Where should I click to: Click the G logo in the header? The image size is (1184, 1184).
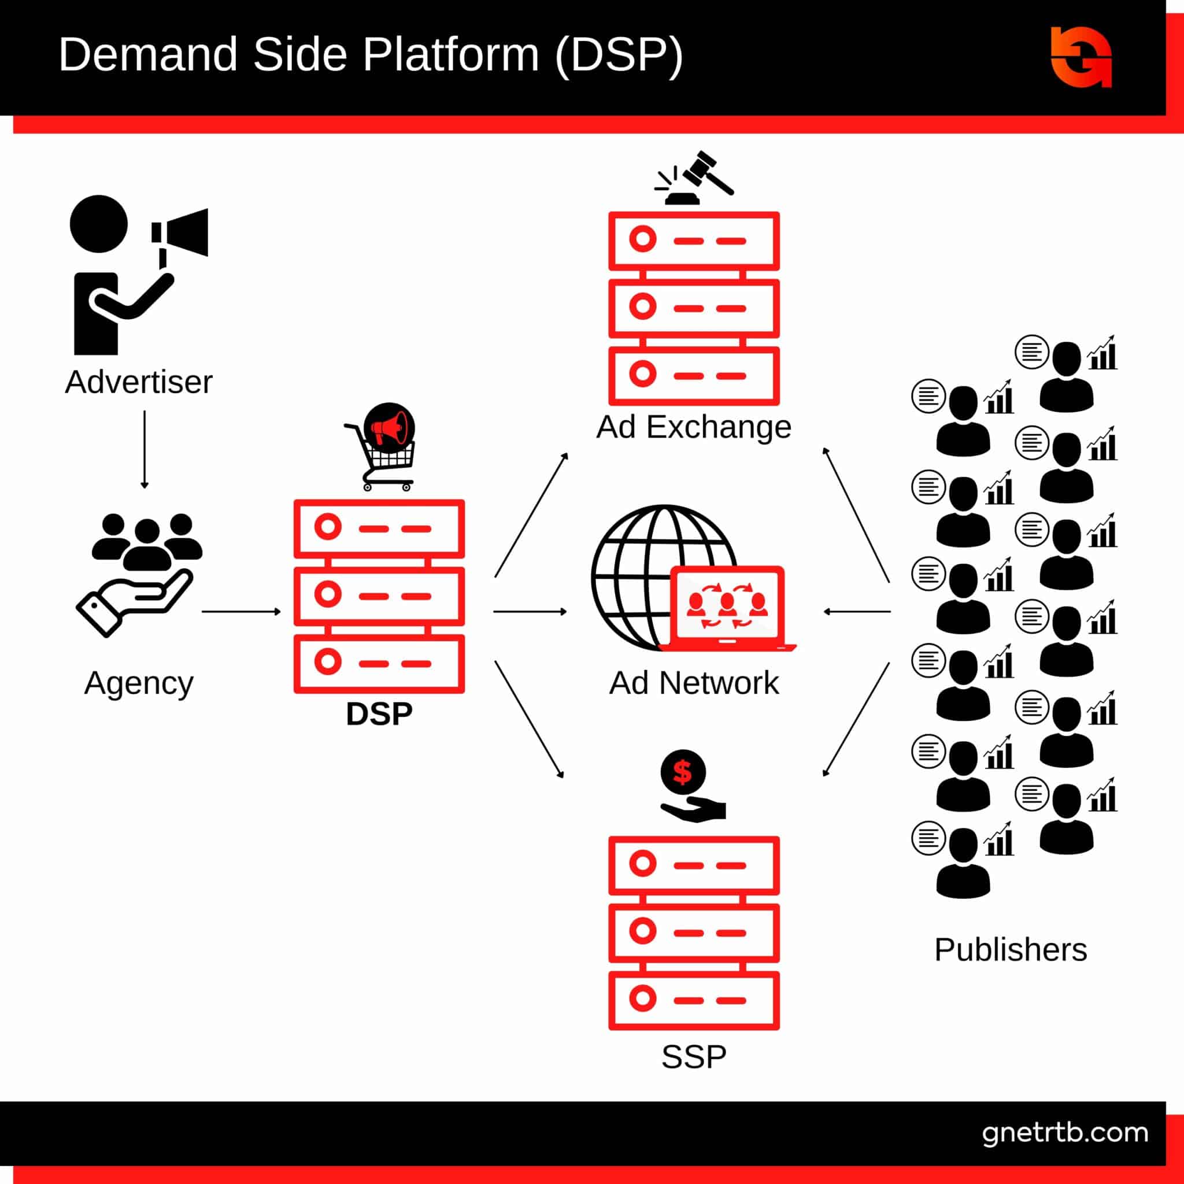point(1081,57)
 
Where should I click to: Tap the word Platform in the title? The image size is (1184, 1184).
point(450,55)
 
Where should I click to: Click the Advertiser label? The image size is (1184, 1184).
point(139,382)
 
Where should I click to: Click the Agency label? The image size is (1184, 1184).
point(139,682)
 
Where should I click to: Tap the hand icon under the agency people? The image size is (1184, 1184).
point(134,603)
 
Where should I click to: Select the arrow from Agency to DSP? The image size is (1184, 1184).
point(241,611)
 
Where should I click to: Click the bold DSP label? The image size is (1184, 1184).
point(379,713)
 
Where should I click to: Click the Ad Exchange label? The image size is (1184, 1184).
point(694,427)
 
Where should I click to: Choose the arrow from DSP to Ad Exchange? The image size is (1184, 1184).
point(531,515)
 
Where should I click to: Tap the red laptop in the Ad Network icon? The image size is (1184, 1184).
point(727,606)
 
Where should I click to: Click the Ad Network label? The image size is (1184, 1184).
point(694,683)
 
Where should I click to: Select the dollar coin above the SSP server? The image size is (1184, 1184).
point(683,773)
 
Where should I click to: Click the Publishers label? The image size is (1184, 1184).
point(1010,950)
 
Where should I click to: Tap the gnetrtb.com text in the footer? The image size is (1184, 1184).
point(1064,1133)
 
